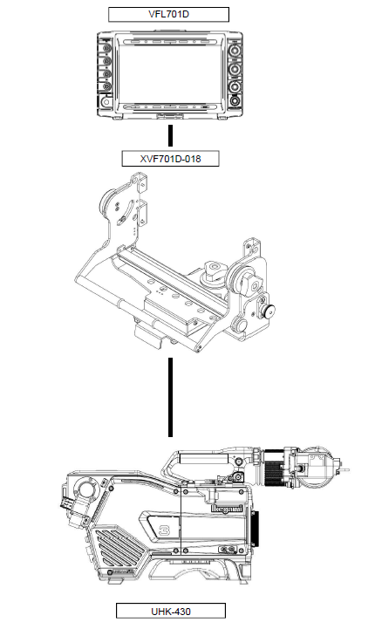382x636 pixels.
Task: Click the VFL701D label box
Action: pyautogui.click(x=168, y=15)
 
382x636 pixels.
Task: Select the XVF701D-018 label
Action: pyautogui.click(x=170, y=159)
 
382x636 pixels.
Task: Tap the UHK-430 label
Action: pyautogui.click(x=171, y=611)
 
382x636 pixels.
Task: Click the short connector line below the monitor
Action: pyautogui.click(x=170, y=135)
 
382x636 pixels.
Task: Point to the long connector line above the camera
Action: pyautogui.click(x=170, y=397)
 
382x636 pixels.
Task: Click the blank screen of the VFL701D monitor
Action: pyautogui.click(x=170, y=74)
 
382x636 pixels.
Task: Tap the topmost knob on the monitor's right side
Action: pyautogui.click(x=235, y=51)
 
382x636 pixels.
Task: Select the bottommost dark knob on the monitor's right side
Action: pyautogui.click(x=235, y=101)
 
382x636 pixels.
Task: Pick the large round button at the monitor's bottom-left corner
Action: pyautogui.click(x=106, y=101)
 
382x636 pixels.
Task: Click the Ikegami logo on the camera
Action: pyautogui.click(x=227, y=509)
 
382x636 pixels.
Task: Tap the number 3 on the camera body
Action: pyautogui.click(x=164, y=530)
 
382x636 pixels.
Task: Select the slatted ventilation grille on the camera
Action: pyautogui.click(x=120, y=548)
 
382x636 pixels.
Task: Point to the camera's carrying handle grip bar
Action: pyautogui.click(x=203, y=459)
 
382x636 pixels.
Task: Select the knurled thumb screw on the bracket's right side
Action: pyautogui.click(x=268, y=311)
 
